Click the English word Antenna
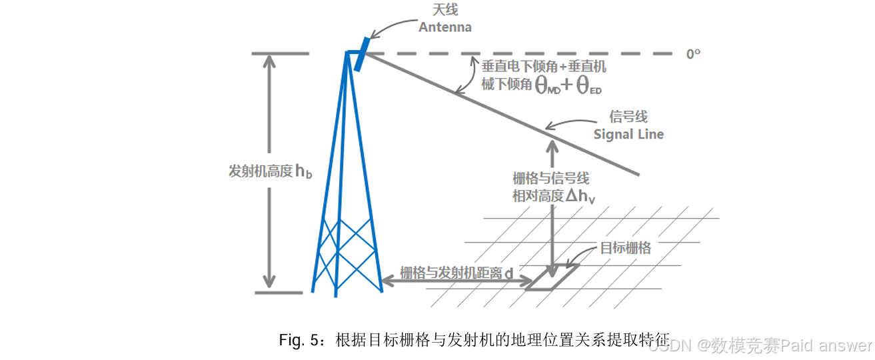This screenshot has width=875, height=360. coord(444,27)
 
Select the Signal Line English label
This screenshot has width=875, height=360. coord(628,134)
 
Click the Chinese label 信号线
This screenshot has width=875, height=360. coord(628,117)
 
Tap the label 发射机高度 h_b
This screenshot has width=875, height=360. coord(270,171)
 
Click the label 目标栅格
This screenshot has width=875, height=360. coord(625,248)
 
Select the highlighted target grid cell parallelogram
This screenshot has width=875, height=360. coord(552,277)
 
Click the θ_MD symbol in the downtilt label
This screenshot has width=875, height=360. coord(548,86)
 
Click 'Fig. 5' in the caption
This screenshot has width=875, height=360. coord(301,341)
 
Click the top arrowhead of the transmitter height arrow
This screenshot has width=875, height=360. coord(269,61)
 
